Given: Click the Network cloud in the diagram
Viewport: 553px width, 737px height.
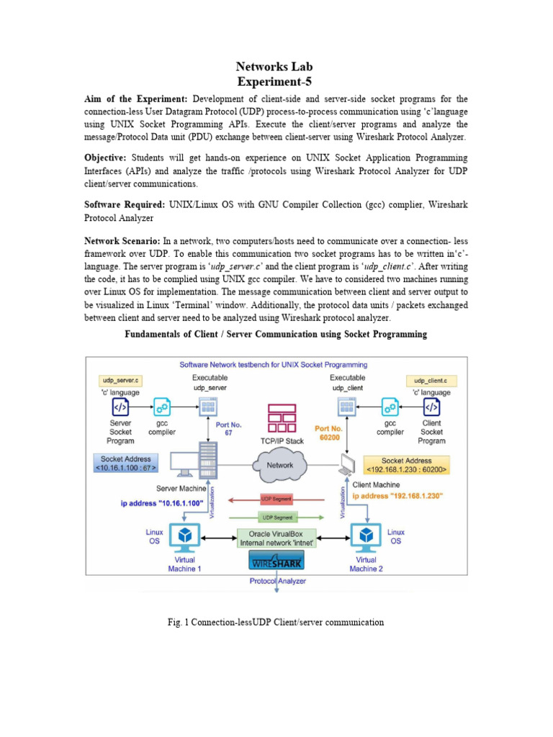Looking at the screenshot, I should (280, 465).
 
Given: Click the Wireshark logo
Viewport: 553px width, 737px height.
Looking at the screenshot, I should (276, 561).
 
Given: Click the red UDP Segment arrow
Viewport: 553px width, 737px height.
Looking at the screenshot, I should (276, 499).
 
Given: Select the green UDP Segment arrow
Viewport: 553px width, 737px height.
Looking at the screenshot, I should (276, 516).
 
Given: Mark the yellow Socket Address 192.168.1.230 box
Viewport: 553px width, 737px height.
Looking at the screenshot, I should (407, 464).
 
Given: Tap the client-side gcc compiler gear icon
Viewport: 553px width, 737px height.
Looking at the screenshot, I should (390, 408).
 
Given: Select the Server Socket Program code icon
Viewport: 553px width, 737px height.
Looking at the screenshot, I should (120, 408).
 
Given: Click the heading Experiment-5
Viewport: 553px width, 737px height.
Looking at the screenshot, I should (276, 82).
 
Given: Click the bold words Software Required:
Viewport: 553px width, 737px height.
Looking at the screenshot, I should (124, 205).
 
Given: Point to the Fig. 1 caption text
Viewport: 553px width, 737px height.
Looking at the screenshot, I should (276, 622).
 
